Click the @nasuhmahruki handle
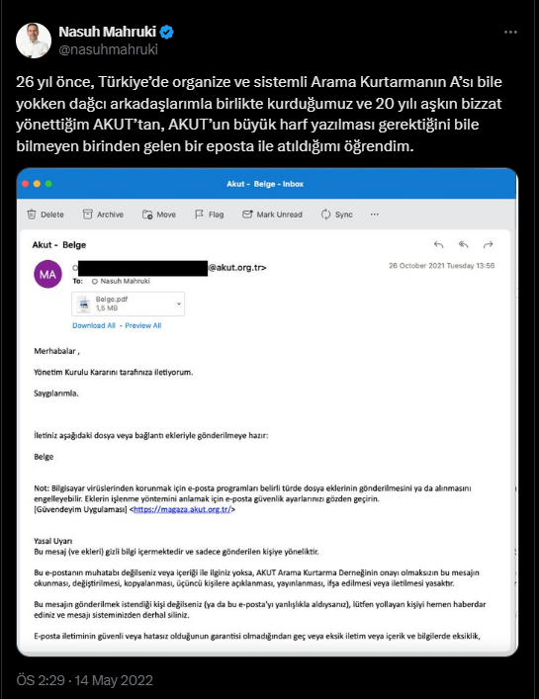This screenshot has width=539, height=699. (109, 48)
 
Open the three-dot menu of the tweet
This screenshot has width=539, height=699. (509, 32)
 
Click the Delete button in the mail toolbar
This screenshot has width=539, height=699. (46, 214)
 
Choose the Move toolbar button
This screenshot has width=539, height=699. (159, 214)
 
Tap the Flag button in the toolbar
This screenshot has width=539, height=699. (209, 214)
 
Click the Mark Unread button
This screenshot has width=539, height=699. (271, 214)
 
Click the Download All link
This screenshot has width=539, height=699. (94, 325)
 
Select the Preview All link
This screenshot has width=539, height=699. (143, 325)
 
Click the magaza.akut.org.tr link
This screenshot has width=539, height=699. (184, 509)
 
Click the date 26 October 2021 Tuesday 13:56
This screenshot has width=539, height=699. (441, 265)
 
